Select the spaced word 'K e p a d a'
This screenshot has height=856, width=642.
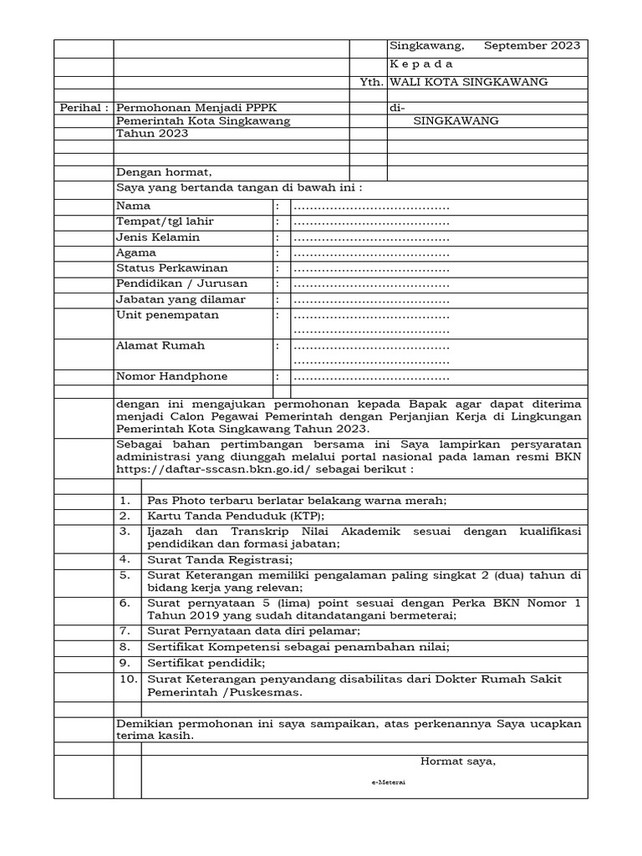click(421, 64)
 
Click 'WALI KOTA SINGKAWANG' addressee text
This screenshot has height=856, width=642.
click(469, 82)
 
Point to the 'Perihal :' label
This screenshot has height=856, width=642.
click(84, 108)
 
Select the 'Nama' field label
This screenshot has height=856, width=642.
click(134, 206)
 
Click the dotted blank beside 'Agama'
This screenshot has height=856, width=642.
click(371, 253)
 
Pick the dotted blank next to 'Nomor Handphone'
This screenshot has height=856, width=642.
click(371, 378)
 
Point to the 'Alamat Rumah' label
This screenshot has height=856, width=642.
click(160, 345)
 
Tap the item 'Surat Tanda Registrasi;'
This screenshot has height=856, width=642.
click(220, 559)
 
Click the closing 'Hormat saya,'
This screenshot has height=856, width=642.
click(457, 761)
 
